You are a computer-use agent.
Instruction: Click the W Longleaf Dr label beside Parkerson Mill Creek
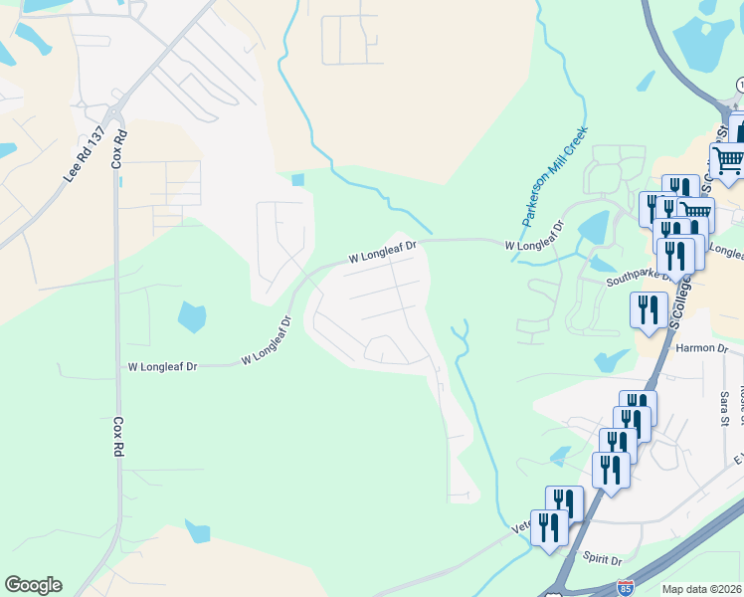pos(533,245)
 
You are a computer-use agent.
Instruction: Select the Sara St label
pos(723,408)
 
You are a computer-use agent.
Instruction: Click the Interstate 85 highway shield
pos(625,588)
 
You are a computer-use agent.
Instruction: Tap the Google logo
pos(33,585)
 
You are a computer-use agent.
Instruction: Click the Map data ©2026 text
pos(702,589)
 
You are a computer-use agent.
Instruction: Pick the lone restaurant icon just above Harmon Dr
pos(649,307)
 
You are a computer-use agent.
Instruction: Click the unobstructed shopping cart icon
pos(728,159)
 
